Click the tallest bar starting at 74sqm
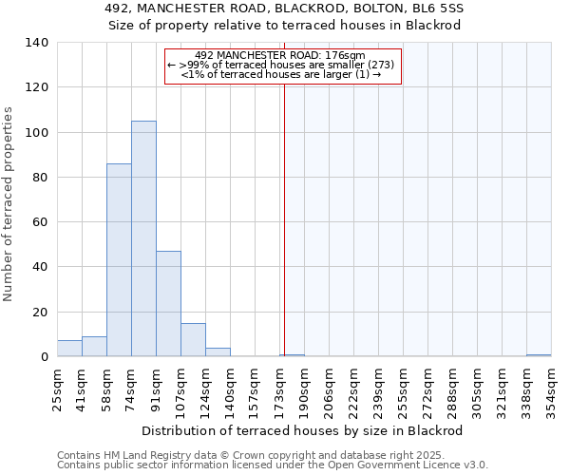[143, 238]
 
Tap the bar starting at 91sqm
[168, 304]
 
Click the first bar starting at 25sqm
[69, 349]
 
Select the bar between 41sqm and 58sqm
[94, 347]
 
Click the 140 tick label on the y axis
[37, 43]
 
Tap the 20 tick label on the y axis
[41, 313]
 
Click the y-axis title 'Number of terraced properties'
[9, 203]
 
